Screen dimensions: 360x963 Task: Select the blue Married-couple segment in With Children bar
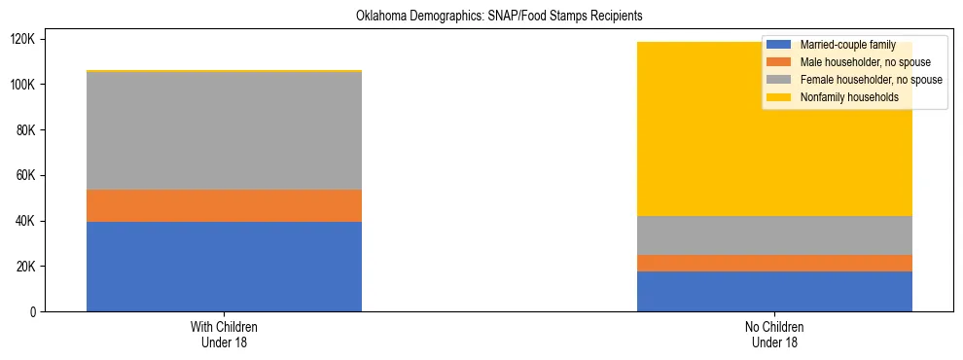pos(224,267)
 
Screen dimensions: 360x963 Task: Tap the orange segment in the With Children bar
pos(224,205)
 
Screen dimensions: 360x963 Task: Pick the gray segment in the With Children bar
pos(224,131)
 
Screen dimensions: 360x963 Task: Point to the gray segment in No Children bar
pos(774,235)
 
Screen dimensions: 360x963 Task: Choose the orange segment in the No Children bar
pos(774,263)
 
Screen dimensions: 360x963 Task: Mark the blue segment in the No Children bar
pos(774,291)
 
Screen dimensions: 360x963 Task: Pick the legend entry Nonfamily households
pos(842,97)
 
